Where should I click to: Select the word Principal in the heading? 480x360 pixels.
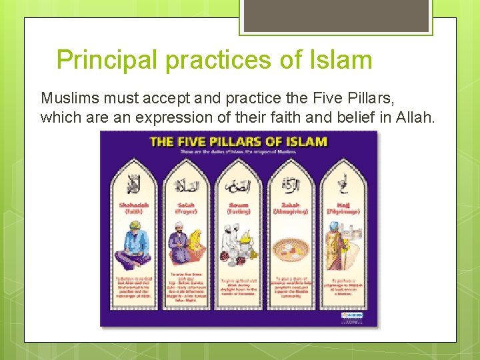click(x=107, y=60)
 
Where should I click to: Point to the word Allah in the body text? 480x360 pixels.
click(x=413, y=118)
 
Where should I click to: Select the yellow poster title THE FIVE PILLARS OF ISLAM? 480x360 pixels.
click(x=239, y=141)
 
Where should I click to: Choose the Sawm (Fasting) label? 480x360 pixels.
click(x=238, y=208)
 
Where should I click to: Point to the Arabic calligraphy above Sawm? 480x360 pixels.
click(x=238, y=186)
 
